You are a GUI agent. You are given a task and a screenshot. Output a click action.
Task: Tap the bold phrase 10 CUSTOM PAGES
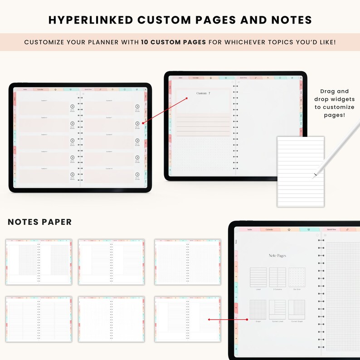point(173,42)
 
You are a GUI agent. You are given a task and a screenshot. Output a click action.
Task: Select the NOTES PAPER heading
point(40,222)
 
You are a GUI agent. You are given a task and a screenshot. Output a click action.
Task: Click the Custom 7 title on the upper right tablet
point(203,93)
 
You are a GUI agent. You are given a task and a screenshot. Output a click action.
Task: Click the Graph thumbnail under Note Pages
point(258,309)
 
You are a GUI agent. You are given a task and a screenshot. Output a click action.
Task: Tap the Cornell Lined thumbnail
point(277,309)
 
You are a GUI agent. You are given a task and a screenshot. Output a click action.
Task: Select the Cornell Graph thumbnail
point(297,309)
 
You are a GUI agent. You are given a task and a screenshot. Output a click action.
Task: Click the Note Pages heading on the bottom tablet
point(277,256)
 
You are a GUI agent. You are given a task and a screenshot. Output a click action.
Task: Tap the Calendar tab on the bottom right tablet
point(270,229)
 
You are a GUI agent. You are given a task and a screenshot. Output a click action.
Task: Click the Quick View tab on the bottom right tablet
point(331,229)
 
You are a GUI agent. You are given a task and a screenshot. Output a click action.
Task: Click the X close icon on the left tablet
point(145,90)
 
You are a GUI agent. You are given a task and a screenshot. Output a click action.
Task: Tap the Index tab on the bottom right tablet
point(250,229)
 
